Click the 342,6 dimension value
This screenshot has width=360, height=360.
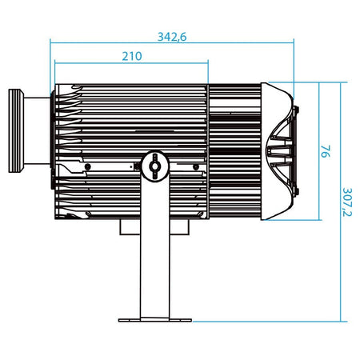[172, 37]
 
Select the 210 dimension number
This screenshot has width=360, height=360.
[132, 56]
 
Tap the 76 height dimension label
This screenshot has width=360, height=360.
[325, 151]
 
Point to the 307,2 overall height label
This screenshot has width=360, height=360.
[347, 202]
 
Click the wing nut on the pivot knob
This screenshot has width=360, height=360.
[154, 166]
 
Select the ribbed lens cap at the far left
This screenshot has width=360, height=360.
[16, 130]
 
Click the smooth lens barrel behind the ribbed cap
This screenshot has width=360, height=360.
[37, 130]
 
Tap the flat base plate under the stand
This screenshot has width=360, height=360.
[155, 320]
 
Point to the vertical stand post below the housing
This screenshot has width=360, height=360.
[155, 248]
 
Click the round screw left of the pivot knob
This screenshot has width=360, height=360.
[87, 167]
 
